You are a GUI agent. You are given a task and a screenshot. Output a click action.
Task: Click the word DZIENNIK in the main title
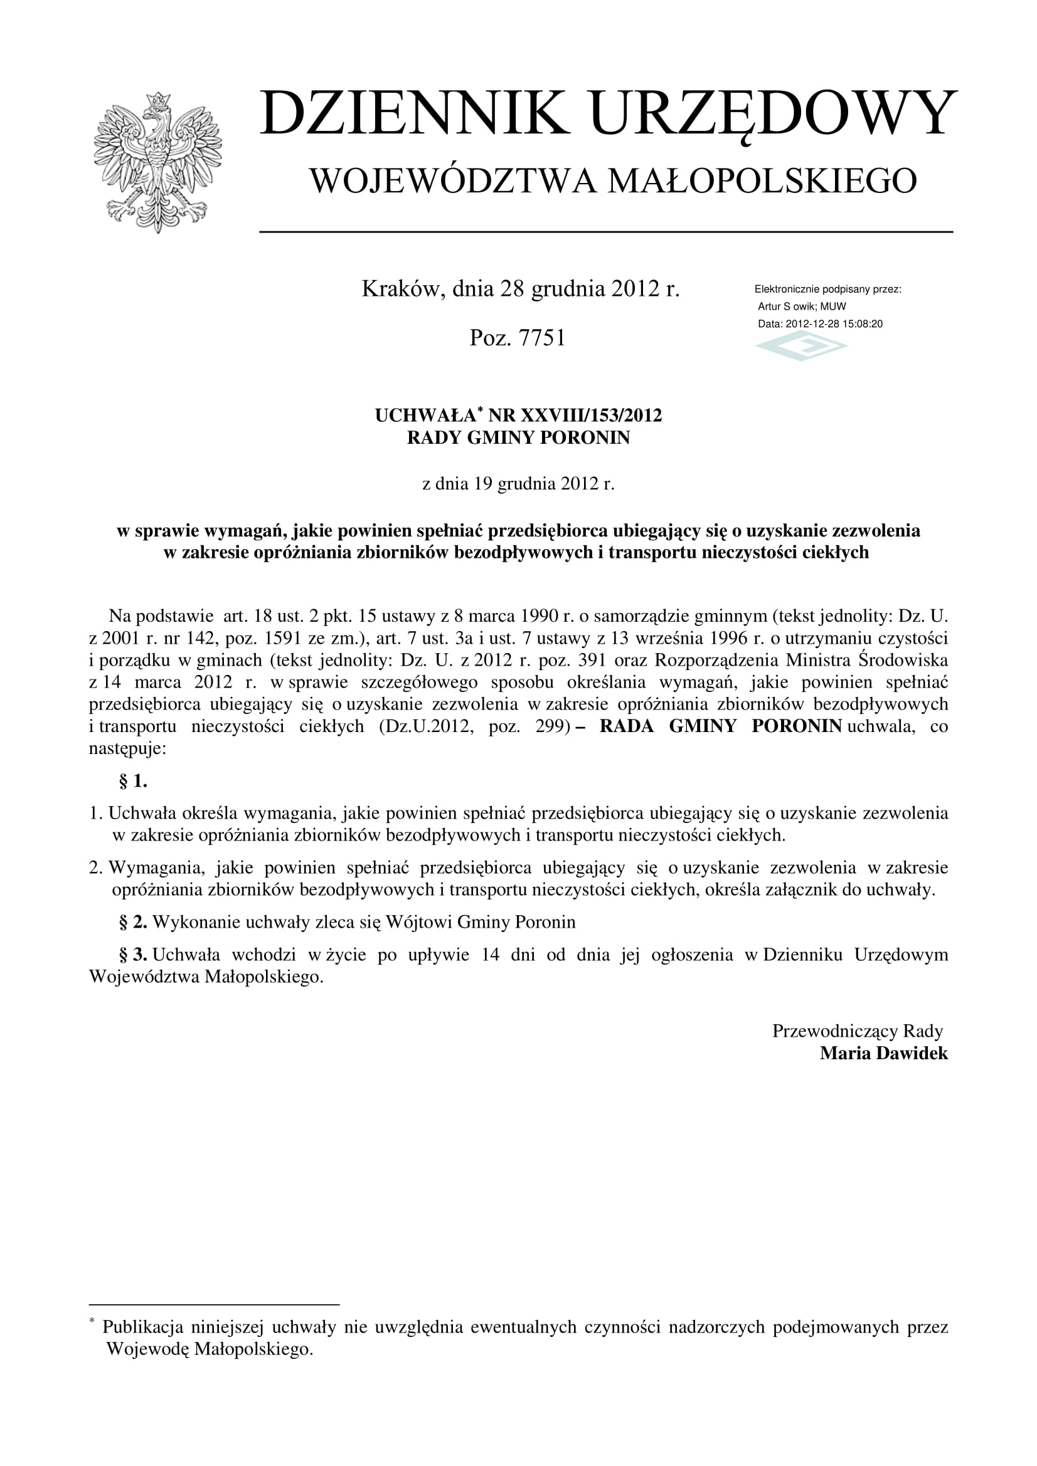(x=414, y=113)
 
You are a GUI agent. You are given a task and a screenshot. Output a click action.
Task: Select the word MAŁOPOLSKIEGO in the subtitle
(x=762, y=181)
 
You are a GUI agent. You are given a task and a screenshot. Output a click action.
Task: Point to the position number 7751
(x=542, y=338)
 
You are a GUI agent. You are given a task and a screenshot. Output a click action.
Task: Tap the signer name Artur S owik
(x=786, y=306)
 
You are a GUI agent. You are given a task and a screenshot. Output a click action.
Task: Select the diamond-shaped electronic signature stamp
(x=801, y=346)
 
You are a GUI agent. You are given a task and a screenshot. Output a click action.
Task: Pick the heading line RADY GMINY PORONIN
(x=518, y=438)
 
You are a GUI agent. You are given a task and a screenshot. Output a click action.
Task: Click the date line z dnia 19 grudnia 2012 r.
(x=518, y=484)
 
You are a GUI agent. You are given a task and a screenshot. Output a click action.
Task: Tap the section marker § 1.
(x=133, y=781)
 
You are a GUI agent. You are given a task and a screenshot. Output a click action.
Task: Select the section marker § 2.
(x=133, y=922)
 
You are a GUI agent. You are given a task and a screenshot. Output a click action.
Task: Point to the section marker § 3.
(x=133, y=955)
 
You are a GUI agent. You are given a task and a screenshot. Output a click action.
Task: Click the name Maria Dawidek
(x=884, y=1053)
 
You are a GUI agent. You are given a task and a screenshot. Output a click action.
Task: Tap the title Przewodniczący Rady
(x=858, y=1031)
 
